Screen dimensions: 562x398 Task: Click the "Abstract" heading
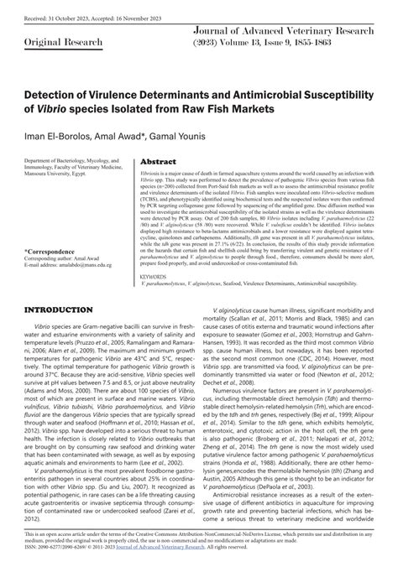click(x=158, y=161)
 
